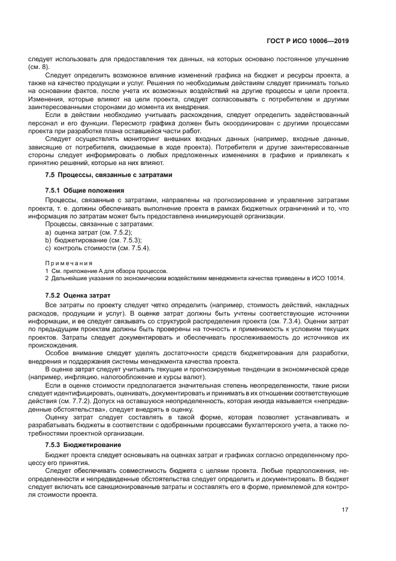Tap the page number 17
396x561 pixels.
coord(345,510)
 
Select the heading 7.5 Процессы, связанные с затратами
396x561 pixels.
coord(108,175)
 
